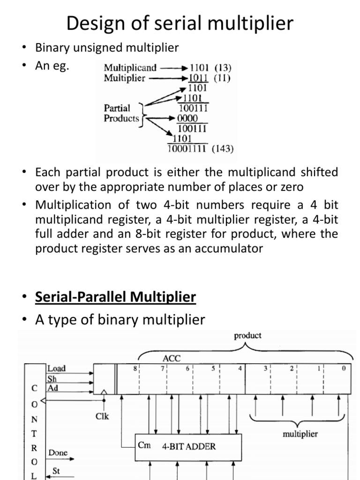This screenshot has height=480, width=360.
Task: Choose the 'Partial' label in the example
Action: pyautogui.click(x=117, y=108)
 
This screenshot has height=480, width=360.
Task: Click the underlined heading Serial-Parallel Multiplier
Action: pyautogui.click(x=116, y=297)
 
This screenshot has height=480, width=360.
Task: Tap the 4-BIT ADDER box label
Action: pyautogui.click(x=189, y=446)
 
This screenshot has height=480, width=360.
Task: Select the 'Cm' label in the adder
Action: pyautogui.click(x=144, y=445)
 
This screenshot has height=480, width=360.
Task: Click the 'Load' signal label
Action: pyautogui.click(x=57, y=368)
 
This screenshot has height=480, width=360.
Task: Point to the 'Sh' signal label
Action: pyautogui.click(x=52, y=378)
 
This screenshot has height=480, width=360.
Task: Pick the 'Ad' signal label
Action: pyautogui.click(x=52, y=388)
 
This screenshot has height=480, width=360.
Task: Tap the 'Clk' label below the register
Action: pyautogui.click(x=102, y=415)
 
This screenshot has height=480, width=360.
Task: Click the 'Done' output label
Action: pyautogui.click(x=58, y=453)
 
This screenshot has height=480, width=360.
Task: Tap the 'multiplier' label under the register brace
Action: pyautogui.click(x=300, y=434)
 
